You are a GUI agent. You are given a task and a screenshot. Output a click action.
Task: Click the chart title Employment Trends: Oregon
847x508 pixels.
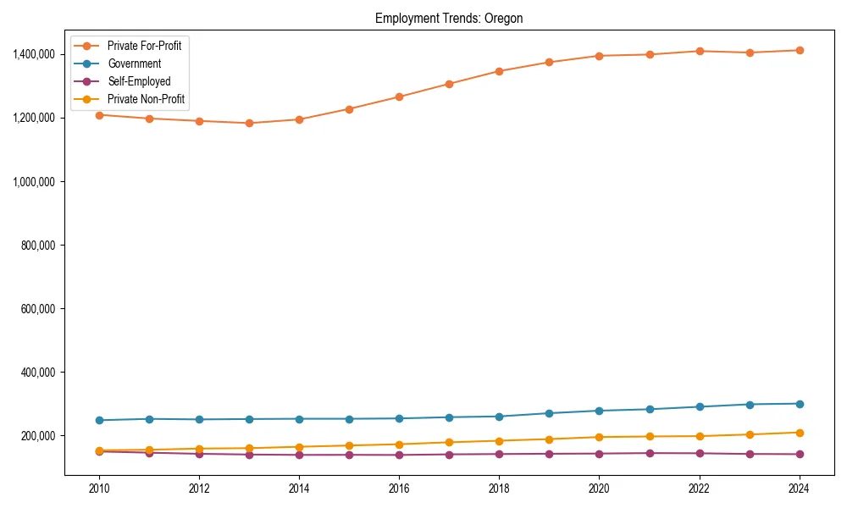[450, 19]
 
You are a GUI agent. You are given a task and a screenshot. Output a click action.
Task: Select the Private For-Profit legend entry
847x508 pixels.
[144, 46]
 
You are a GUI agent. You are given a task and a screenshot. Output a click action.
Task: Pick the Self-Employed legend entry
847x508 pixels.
[139, 81]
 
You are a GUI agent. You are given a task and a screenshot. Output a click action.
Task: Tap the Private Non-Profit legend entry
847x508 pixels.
[146, 99]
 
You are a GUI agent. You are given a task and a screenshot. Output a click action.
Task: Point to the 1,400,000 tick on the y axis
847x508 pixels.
[34, 54]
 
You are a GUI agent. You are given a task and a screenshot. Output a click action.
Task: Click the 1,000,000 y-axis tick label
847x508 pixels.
[34, 181]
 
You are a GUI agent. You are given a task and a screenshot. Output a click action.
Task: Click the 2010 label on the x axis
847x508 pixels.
[99, 489]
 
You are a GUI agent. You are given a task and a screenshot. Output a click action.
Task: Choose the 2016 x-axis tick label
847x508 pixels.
[399, 489]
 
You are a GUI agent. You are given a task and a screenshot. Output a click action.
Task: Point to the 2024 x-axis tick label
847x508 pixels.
[799, 489]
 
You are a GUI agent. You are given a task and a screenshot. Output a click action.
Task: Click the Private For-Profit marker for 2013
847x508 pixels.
[249, 123]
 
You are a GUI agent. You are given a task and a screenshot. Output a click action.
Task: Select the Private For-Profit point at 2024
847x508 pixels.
[799, 50]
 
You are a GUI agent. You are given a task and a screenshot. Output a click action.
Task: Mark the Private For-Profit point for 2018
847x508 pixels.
[499, 71]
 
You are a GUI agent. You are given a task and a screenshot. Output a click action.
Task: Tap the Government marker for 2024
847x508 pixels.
[799, 404]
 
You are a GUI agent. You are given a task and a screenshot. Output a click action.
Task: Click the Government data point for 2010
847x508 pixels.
[99, 420]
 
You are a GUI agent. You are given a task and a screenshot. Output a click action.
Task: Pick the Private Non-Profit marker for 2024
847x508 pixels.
[799, 433]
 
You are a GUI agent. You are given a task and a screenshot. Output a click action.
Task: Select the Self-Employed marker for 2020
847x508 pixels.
[599, 453]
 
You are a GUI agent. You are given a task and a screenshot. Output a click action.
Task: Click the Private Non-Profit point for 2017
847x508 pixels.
[449, 442]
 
